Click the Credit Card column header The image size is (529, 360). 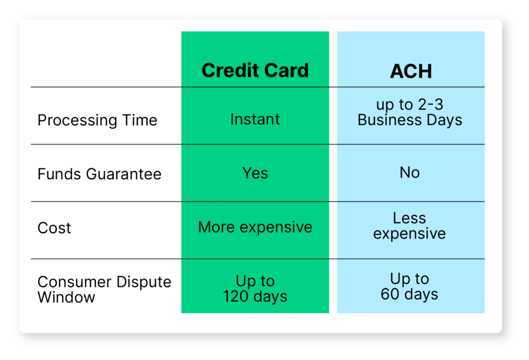coord(255,70)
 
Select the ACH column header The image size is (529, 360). coord(411,71)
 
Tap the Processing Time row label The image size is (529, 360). coord(97,120)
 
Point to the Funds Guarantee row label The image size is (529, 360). coord(99,174)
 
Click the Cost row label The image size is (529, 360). coord(54,228)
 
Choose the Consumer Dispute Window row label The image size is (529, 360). coord(104,289)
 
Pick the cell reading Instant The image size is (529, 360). coord(255,119)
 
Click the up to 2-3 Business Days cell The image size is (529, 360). coord(410,112)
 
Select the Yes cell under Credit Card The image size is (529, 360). coord(255,173)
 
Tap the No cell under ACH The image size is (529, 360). coord(410,173)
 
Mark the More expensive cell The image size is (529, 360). coord(255,227)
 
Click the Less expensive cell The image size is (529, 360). coord(410,226)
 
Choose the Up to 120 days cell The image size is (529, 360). coord(255,289)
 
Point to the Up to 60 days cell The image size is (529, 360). coord(410,287)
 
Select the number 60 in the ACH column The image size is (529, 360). coord(390,294)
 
